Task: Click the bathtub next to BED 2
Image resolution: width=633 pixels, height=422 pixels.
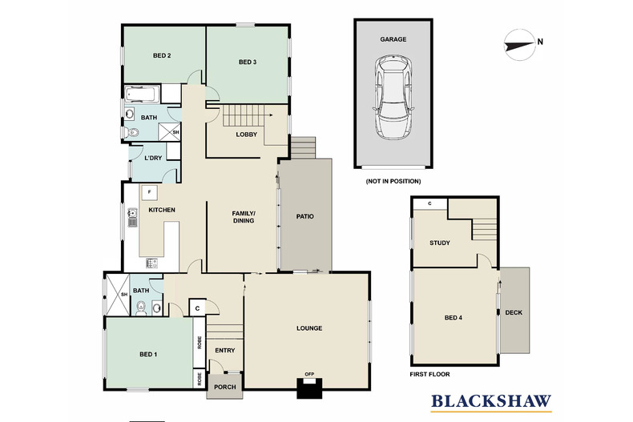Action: pos(141,95)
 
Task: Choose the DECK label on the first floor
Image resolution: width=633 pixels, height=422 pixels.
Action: pos(514,311)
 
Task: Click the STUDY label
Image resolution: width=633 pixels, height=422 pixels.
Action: pos(439,243)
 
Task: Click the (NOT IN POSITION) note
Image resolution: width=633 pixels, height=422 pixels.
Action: pos(393,182)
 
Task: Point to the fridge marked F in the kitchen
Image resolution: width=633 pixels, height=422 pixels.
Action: pos(149,192)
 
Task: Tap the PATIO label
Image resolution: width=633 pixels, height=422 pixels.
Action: pos(304,216)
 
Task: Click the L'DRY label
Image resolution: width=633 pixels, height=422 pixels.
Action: pos(153,159)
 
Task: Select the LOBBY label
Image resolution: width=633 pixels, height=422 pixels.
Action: pos(246,134)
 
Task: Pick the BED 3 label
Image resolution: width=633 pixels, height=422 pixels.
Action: pos(247,62)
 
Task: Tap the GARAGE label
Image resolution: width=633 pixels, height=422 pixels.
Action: pos(393,38)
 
